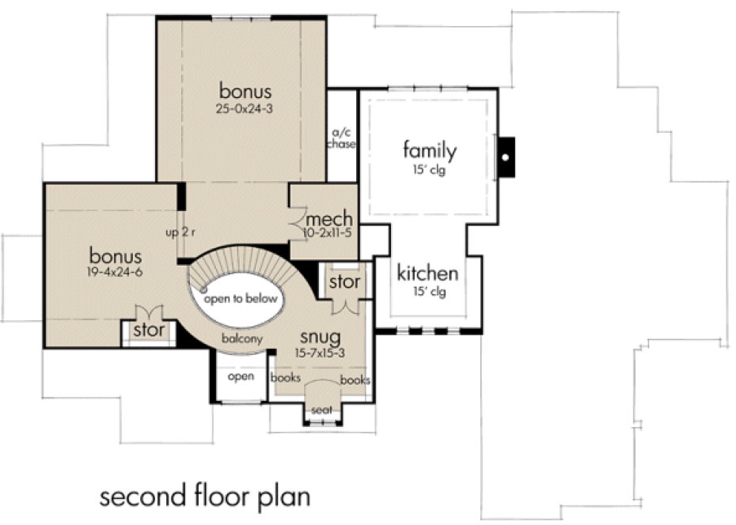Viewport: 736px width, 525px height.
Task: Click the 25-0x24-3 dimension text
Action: click(x=246, y=108)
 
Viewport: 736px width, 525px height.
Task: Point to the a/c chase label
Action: click(x=343, y=138)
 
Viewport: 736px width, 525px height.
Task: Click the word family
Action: click(x=430, y=149)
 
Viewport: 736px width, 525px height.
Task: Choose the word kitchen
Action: click(x=427, y=274)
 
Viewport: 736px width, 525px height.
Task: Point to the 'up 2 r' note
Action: click(x=180, y=233)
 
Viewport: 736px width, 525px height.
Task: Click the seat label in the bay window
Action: click(x=321, y=410)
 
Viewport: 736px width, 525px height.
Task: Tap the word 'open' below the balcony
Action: click(x=241, y=376)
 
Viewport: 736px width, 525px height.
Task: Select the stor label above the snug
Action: click(x=344, y=282)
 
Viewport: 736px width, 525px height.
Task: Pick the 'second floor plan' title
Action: click(x=205, y=498)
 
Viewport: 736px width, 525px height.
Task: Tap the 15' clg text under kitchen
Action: click(x=427, y=293)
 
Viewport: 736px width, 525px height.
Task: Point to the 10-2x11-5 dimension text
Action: click(x=328, y=234)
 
